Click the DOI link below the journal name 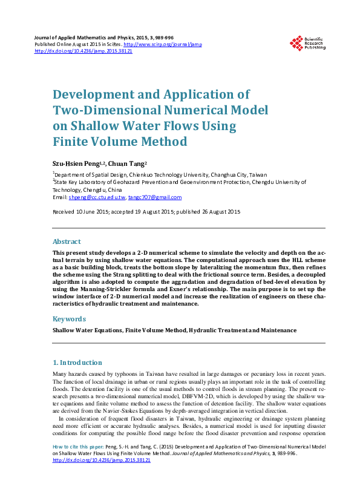coord(83,51)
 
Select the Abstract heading coord(67,241)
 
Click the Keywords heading coord(70,318)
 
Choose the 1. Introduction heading coord(78,363)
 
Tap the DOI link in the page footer coord(102,478)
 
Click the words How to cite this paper coord(77,464)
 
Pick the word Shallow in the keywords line coord(65,330)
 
